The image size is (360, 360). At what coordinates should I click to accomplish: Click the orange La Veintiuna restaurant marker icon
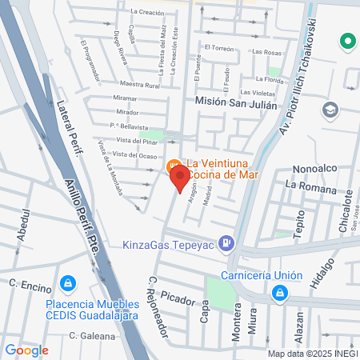pos(171,166)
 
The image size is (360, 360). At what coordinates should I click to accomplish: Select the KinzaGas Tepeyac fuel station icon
pos(228,242)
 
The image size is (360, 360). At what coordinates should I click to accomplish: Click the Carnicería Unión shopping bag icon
pos(279,294)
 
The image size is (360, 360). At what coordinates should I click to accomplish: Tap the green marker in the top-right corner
pos(347,40)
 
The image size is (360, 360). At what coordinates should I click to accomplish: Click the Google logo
pos(26,350)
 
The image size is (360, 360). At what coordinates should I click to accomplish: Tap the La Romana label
pos(306,185)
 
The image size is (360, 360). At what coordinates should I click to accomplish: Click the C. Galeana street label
pos(92,336)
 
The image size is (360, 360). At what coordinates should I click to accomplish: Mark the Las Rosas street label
pos(266,52)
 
